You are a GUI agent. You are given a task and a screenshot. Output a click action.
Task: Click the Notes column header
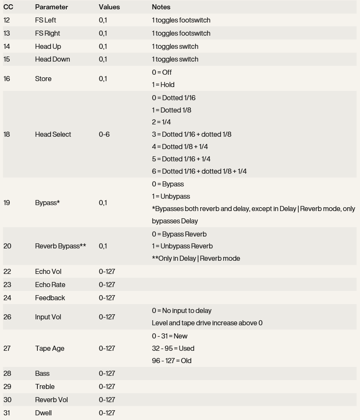point(161,7)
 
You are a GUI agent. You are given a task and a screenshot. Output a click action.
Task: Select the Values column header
point(109,7)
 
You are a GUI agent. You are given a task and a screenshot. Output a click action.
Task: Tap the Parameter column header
point(51,7)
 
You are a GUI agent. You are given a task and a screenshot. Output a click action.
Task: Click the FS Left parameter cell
point(45,20)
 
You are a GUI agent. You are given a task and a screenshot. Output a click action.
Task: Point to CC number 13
point(7,34)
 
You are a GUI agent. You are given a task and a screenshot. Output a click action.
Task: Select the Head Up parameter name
point(48,47)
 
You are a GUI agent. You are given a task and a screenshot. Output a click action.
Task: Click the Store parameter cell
point(43,79)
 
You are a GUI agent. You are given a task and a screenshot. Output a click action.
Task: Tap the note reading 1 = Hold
point(163,85)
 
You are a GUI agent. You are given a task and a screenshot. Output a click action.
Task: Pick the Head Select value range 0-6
point(104,135)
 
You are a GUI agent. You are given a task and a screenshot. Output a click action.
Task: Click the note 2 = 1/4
point(162,122)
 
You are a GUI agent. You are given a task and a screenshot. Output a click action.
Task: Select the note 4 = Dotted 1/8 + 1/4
point(180,147)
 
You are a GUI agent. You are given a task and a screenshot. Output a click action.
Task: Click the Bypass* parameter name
point(47,203)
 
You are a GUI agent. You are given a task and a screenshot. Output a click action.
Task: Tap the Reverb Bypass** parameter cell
point(60,246)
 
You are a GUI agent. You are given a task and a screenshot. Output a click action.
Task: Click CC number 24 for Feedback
point(7,298)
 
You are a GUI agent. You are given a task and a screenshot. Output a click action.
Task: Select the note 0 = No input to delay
point(181,311)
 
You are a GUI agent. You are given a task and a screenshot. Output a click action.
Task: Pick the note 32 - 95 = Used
point(173,349)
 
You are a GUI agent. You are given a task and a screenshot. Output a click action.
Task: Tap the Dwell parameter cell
point(43,413)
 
